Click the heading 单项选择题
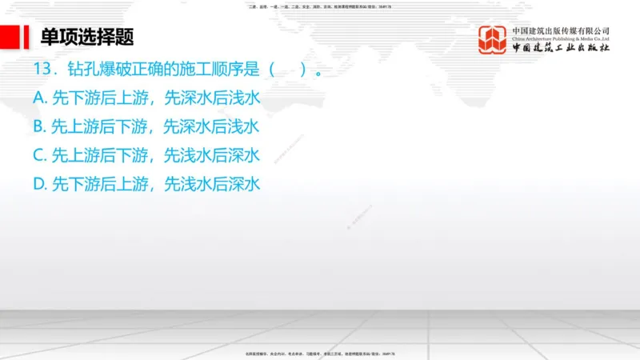pyautogui.click(x=87, y=37)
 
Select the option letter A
pyautogui.click(x=39, y=98)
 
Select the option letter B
pyautogui.click(x=39, y=126)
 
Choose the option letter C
pyautogui.click(x=39, y=154)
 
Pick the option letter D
pyautogui.click(x=39, y=183)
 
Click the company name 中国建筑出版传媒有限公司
pyautogui.click(x=561, y=31)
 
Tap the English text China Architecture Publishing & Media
pyautogui.click(x=561, y=39)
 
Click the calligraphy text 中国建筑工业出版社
pyautogui.click(x=561, y=49)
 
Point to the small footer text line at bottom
pyautogui.click(x=319, y=354)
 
